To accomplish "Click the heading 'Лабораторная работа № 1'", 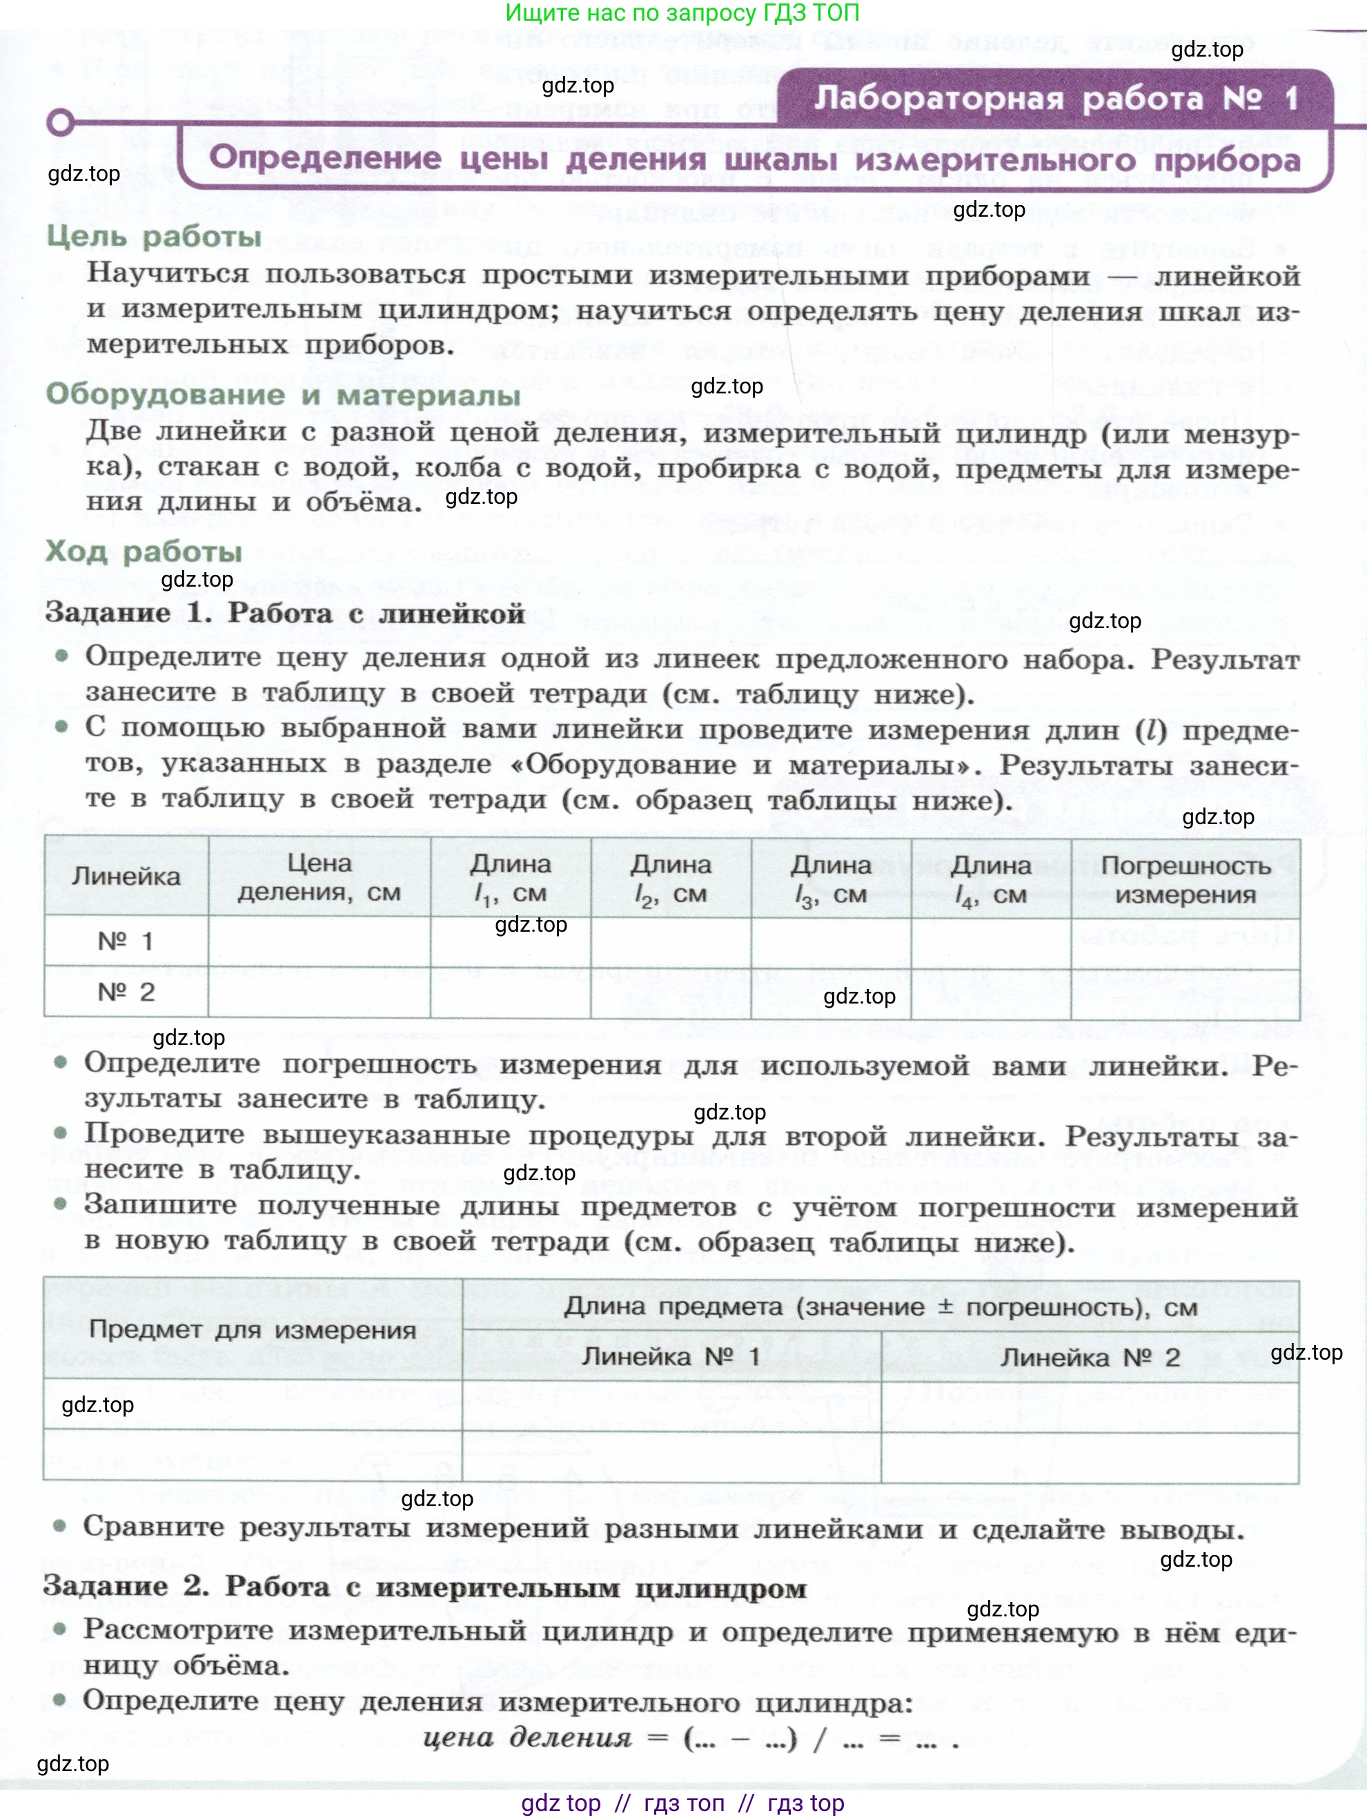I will pos(1055,99).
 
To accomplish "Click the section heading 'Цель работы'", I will pos(154,237).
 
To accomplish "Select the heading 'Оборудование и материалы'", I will pos(283,395).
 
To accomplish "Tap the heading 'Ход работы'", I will pos(144,551).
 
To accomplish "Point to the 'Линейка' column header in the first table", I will pos(126,877).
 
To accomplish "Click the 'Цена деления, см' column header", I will pos(319,878).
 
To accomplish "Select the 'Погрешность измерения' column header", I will pos(1186,879).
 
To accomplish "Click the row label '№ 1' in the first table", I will pos(126,941).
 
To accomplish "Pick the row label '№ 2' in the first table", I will pos(126,992).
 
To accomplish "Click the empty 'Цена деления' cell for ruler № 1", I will pos(319,941).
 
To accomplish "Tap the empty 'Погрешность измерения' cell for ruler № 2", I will pos(1186,994).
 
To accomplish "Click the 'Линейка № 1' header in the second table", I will pos(671,1356).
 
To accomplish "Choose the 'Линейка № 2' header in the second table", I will pos(1090,1358).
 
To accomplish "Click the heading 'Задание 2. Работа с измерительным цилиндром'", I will pos(424,1587).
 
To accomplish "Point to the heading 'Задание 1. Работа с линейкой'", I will pos(284,613).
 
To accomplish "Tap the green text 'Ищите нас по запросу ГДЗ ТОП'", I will pos(682,13).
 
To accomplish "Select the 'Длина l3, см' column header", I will pos(831,879).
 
